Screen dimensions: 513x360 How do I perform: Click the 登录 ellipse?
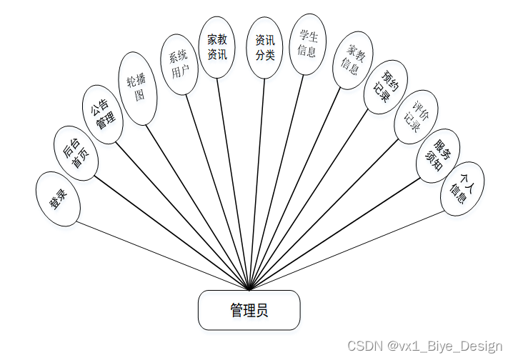tap(58, 199)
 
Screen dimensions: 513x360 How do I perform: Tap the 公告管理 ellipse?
tap(103, 114)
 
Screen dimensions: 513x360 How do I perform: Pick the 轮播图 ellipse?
tap(137, 88)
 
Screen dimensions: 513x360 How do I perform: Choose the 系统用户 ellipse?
tap(179, 64)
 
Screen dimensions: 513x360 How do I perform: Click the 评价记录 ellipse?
tap(416, 116)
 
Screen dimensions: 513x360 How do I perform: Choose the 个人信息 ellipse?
tap(462, 189)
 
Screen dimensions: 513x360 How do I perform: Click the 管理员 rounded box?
tap(249, 310)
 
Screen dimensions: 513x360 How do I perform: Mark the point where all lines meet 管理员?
tap(249, 290)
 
